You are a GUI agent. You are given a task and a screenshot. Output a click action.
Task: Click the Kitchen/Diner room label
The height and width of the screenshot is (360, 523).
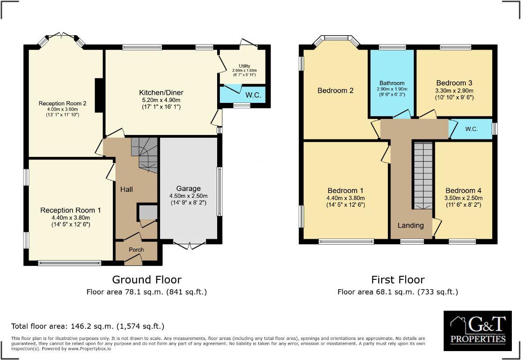pyautogui.click(x=161, y=93)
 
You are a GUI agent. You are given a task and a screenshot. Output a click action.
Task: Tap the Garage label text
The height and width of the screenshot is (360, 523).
pyautogui.click(x=189, y=188)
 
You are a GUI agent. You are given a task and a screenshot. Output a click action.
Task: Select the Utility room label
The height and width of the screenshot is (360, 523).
pyautogui.click(x=244, y=66)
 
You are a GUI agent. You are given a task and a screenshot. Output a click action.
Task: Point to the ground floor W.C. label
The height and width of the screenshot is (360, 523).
pyautogui.click(x=253, y=95)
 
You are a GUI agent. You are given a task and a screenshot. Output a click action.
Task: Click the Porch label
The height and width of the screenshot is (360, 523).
pyautogui.click(x=136, y=250)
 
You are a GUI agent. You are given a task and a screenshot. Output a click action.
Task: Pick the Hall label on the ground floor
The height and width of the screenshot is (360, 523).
pyautogui.click(x=127, y=189)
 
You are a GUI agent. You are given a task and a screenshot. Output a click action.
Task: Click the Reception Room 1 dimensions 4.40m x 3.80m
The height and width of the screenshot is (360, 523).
pyautogui.click(x=70, y=218)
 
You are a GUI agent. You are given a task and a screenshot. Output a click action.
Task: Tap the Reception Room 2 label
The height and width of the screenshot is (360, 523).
pyautogui.click(x=62, y=103)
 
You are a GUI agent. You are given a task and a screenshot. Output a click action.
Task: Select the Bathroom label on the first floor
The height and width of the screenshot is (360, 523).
pyautogui.click(x=392, y=83)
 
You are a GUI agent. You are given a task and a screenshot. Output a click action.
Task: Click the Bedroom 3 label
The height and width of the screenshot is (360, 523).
pyautogui.click(x=454, y=83)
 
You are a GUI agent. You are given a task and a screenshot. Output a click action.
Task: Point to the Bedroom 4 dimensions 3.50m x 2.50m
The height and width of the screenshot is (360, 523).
pyautogui.click(x=463, y=198)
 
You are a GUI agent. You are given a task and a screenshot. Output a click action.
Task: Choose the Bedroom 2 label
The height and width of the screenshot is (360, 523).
pyautogui.click(x=336, y=90)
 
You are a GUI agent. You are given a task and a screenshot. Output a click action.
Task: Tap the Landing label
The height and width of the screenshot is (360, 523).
pyautogui.click(x=411, y=225)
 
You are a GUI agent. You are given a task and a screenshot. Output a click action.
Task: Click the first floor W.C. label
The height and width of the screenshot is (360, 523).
pyautogui.click(x=471, y=129)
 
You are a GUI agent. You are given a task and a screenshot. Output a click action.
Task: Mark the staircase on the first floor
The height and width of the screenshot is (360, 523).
pyautogui.click(x=423, y=176)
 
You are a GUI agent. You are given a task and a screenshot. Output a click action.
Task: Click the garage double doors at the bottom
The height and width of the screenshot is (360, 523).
pyautogui.click(x=189, y=245)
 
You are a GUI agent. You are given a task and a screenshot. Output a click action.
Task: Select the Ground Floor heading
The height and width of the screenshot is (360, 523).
pyautogui.click(x=147, y=279)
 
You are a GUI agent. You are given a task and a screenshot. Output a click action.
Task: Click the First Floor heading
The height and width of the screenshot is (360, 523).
pyautogui.click(x=398, y=279)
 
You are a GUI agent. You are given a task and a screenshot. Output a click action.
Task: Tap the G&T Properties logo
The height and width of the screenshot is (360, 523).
pyautogui.click(x=478, y=331)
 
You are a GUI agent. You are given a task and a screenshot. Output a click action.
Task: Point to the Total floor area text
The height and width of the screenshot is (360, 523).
pyautogui.click(x=88, y=326)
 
